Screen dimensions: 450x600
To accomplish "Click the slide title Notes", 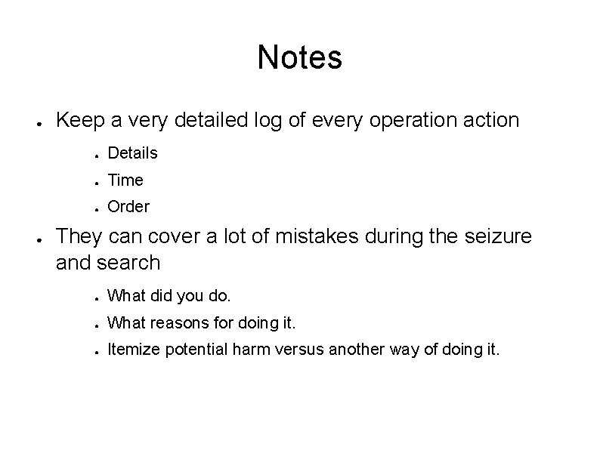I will (x=299, y=57).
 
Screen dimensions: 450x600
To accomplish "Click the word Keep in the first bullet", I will (x=80, y=119).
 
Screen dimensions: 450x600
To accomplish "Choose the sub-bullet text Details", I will (x=132, y=153).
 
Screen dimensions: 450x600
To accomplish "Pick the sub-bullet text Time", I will (x=125, y=180).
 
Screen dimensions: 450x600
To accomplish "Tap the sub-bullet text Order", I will (x=128, y=207).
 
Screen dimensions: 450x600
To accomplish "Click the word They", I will (x=80, y=236).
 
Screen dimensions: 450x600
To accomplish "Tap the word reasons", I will (x=184, y=324).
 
